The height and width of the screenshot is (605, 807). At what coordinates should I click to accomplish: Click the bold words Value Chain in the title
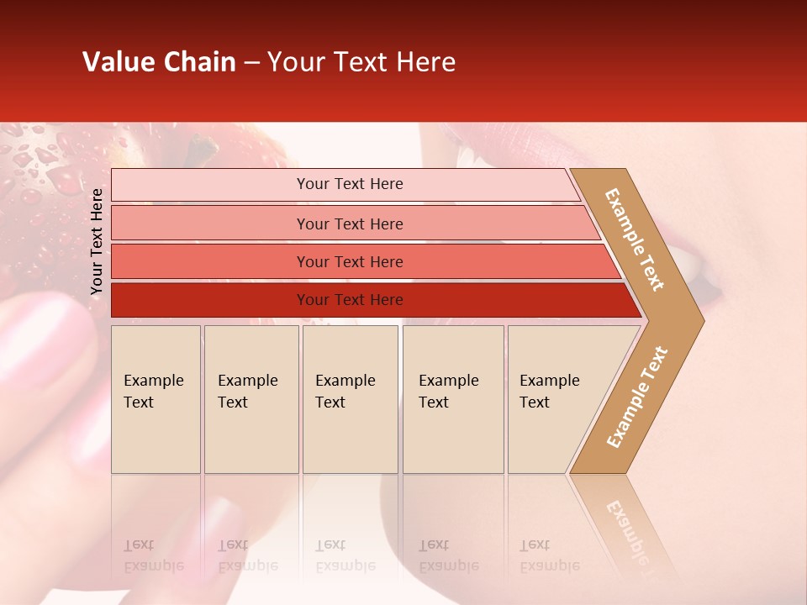click(159, 62)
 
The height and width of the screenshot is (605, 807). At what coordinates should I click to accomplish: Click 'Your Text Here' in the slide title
click(361, 62)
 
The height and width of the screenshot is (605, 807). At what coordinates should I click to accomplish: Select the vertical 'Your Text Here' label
click(97, 242)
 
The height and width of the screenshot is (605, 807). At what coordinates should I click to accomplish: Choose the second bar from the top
click(353, 224)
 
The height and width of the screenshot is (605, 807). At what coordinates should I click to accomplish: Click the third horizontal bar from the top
click(361, 261)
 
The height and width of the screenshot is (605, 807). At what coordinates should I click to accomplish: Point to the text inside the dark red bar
click(350, 300)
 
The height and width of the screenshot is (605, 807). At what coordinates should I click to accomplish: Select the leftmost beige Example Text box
click(156, 399)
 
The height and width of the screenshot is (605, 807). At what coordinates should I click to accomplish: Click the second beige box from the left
click(251, 399)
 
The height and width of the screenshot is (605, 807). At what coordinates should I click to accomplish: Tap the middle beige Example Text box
click(350, 399)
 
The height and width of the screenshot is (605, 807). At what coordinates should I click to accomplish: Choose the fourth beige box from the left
click(453, 399)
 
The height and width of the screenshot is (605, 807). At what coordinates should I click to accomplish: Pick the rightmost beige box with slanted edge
click(559, 399)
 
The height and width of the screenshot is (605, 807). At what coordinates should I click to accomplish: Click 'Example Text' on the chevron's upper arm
click(635, 239)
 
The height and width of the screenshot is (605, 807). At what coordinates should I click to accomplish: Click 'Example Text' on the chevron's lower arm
click(637, 397)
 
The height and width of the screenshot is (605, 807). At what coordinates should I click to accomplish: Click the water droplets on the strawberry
click(42, 168)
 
